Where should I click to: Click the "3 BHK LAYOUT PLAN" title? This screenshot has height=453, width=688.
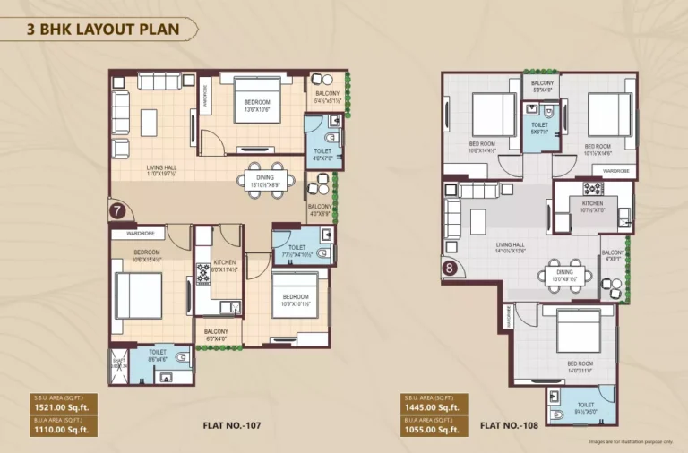click(x=103, y=30)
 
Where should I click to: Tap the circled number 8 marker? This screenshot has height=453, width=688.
click(x=450, y=267)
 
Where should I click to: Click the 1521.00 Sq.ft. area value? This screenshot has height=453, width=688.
click(x=56, y=407)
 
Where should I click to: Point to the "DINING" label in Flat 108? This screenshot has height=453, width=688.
click(x=564, y=272)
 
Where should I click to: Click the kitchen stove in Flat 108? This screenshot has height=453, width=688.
click(x=592, y=189)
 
